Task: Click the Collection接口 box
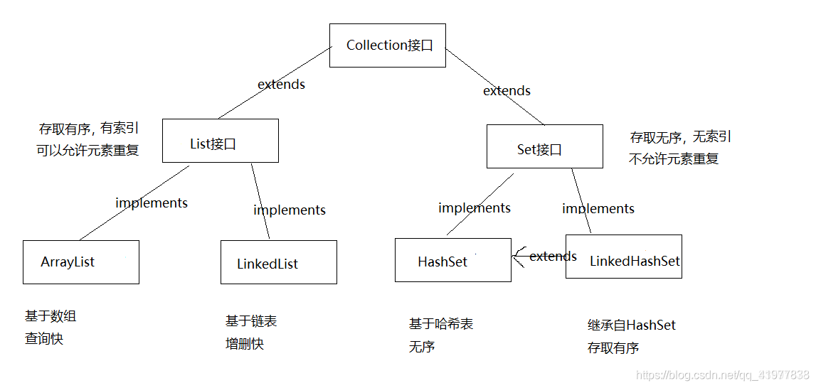[387, 45]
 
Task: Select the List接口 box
[220, 141]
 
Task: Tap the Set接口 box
[544, 147]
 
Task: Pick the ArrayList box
[80, 262]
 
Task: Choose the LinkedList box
[278, 263]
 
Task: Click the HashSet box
[452, 260]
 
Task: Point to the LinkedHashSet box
[623, 257]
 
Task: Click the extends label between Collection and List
[281, 85]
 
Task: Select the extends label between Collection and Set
[507, 91]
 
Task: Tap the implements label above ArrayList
[152, 203]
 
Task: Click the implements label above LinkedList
[290, 210]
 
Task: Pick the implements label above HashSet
[475, 208]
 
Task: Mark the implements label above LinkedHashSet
[598, 209]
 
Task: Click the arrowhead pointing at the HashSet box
[517, 257]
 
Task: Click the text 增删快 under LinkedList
[245, 345]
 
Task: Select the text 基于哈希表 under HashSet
[441, 324]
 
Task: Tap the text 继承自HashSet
[632, 325]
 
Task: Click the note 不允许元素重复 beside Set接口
[674, 159]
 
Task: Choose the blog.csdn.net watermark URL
[723, 375]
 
